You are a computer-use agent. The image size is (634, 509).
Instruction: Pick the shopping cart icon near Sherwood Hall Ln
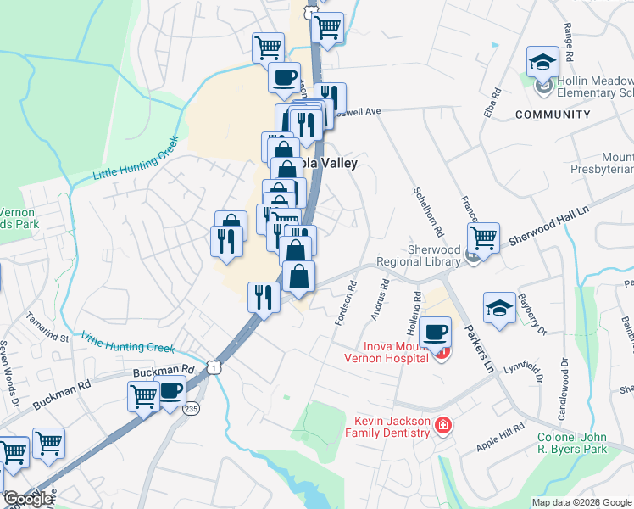[482, 238]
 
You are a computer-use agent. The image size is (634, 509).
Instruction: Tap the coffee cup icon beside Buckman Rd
[171, 393]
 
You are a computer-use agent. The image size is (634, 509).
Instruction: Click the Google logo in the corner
[27, 500]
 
